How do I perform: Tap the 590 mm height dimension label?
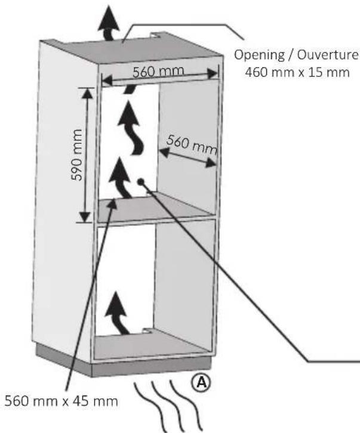[x=76, y=154]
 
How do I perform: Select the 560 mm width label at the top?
[x=158, y=72]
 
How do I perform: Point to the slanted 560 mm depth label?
[x=192, y=144]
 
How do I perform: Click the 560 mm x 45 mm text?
[x=61, y=401]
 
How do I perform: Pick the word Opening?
[x=259, y=55]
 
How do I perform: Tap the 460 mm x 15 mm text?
[x=297, y=72]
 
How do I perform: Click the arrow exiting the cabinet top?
[x=109, y=23]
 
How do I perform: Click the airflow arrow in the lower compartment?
[x=117, y=314]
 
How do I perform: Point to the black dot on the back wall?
[x=141, y=181]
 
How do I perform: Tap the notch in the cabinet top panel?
[x=157, y=35]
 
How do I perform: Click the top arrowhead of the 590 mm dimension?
[x=87, y=93]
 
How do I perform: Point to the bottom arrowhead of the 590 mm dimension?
[x=85, y=216]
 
